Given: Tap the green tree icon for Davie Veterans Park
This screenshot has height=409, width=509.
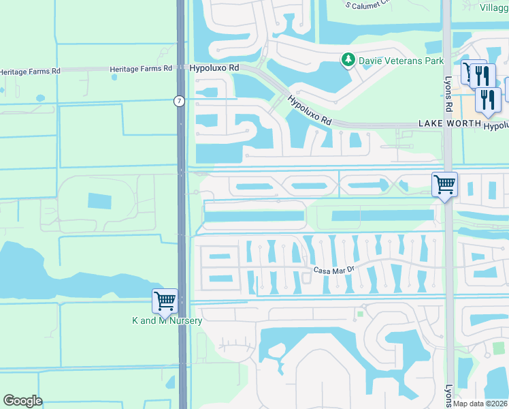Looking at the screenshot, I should (x=348, y=60).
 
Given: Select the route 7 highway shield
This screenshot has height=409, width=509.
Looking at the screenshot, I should (x=178, y=101).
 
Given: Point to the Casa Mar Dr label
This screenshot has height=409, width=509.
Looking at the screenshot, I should (x=334, y=270).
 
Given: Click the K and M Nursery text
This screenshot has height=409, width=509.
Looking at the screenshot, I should (x=167, y=320).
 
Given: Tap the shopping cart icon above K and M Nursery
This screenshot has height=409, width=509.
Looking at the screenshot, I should (x=165, y=300).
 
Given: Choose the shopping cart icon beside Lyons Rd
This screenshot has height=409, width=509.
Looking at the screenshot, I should (x=444, y=183).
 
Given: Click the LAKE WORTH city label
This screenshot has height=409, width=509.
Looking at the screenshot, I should (x=448, y=123).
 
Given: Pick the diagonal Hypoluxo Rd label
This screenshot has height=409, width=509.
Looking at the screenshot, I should (x=309, y=109).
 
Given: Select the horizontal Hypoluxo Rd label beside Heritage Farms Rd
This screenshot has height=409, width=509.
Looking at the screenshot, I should (x=214, y=68).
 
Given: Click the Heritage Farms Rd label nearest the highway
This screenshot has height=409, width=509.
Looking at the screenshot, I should (x=141, y=68).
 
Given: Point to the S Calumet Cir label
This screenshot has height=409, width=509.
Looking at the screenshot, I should (x=367, y=4).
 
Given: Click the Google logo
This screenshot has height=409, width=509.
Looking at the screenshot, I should (x=23, y=401).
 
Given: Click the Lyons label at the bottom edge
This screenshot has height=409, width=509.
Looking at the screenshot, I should (x=448, y=395).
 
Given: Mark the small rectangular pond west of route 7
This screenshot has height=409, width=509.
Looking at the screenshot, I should (x=99, y=201).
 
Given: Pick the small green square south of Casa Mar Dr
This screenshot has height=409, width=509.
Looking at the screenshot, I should (x=360, y=314).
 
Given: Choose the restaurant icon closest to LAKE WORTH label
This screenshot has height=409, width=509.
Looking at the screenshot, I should (x=488, y=99).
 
